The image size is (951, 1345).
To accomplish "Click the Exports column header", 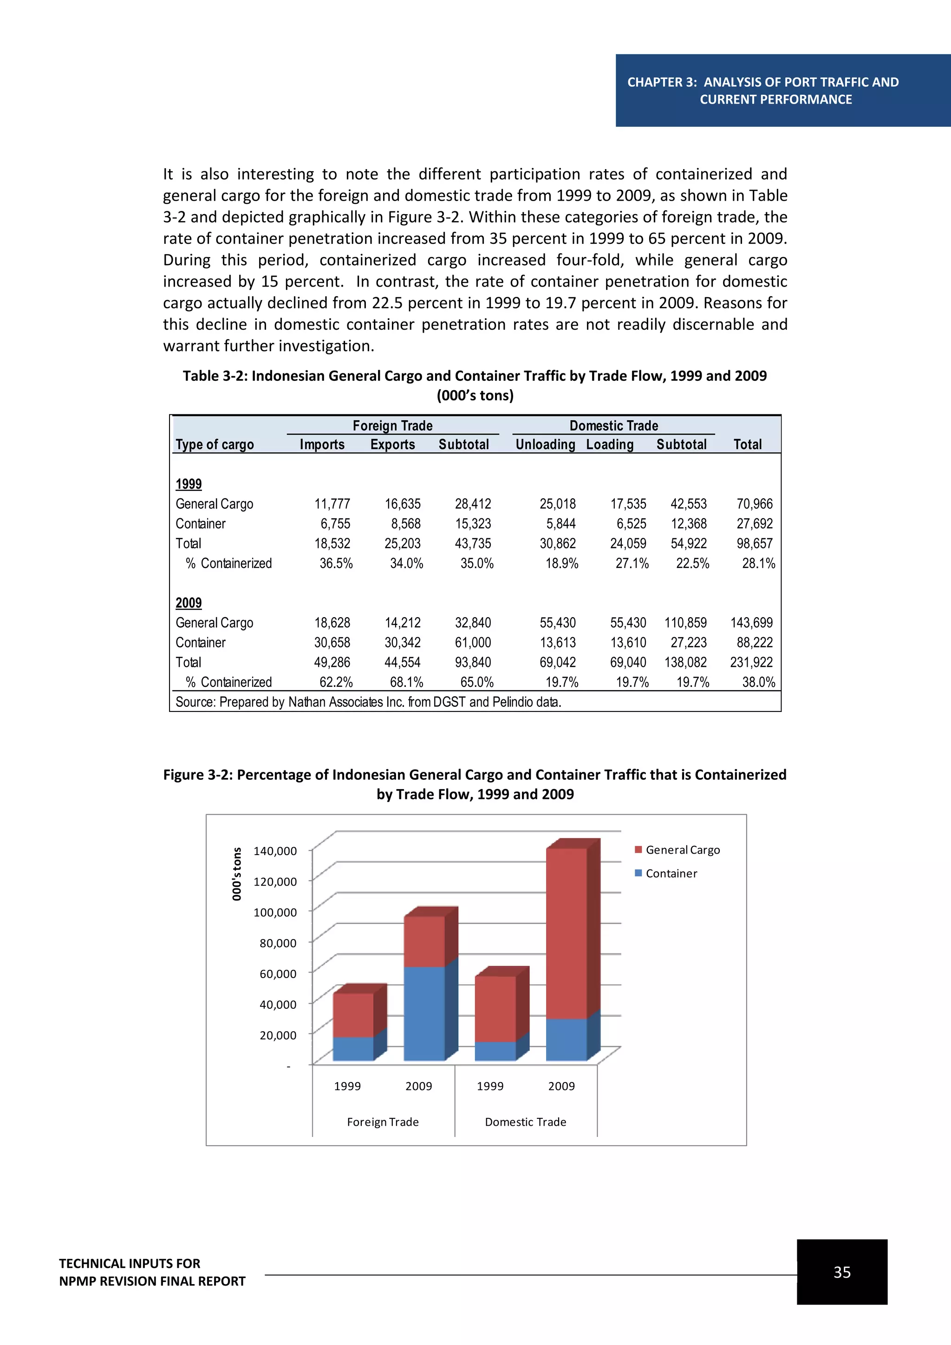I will tap(392, 444).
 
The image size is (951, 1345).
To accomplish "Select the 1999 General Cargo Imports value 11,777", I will tap(332, 504).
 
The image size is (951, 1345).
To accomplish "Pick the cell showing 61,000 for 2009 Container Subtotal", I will tap(473, 643).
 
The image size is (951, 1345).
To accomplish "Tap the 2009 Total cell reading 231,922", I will tap(751, 663).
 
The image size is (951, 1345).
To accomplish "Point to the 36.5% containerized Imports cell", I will tap(336, 563).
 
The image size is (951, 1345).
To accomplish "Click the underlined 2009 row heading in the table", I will tap(189, 603).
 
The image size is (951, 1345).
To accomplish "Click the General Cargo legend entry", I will tap(682, 850).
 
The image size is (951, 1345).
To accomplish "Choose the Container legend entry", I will tap(671, 874).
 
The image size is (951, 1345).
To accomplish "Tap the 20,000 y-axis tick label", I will tap(278, 1035).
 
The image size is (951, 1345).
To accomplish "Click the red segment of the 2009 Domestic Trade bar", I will tap(566, 934).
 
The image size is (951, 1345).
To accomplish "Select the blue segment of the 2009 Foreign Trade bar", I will tap(424, 1013).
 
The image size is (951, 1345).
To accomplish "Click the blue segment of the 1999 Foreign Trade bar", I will tap(353, 1049).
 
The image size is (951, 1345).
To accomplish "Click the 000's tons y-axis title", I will tap(236, 874).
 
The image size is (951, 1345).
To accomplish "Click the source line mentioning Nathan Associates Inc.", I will tap(368, 702).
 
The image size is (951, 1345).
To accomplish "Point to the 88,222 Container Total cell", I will tap(754, 643).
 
